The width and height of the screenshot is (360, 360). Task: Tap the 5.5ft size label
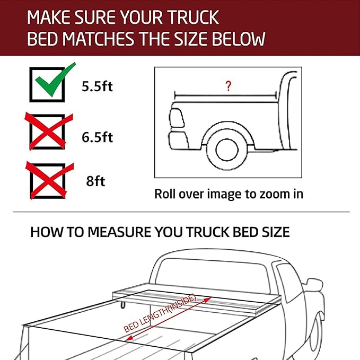click(97, 86)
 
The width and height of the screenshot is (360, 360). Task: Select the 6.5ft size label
click(97, 137)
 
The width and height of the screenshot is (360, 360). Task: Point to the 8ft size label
click(96, 181)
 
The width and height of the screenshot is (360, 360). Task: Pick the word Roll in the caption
click(166, 194)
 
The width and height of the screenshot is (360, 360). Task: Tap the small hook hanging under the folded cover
click(123, 304)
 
